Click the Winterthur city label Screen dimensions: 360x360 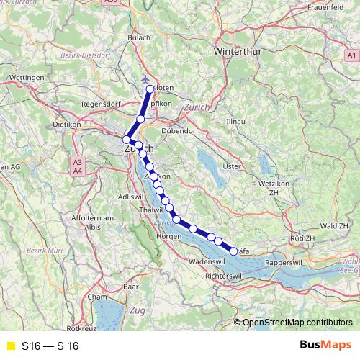pyautogui.click(x=240, y=53)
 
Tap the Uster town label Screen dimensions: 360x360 pyautogui.click(x=232, y=166)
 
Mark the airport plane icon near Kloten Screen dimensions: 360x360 pyautogui.click(x=147, y=78)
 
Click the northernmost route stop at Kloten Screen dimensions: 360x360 pyautogui.click(x=150, y=89)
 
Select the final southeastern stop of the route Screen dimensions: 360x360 pyautogui.click(x=233, y=251)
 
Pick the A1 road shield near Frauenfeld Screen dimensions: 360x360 pyautogui.click(x=351, y=55)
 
